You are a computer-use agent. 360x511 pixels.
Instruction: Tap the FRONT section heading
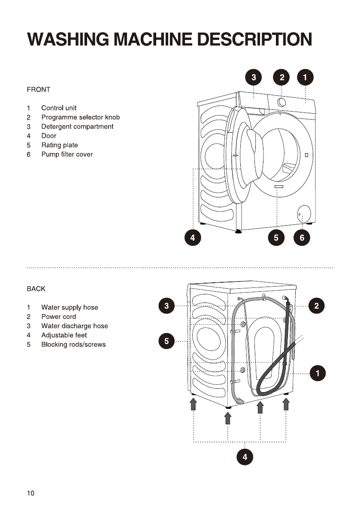[38, 89]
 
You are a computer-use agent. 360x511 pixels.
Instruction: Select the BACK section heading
[36, 289]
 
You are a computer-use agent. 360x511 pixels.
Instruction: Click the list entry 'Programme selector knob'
[80, 117]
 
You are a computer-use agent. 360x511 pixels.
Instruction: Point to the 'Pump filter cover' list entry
[67, 154]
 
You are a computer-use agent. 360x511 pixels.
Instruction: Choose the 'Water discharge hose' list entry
[74, 326]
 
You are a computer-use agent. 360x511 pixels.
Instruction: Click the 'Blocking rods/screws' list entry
[73, 345]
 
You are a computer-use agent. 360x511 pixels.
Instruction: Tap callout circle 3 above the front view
[254, 78]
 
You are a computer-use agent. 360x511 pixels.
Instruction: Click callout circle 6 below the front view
[302, 238]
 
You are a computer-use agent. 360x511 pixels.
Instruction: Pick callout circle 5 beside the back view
[166, 341]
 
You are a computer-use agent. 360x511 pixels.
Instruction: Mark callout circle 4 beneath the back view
[245, 457]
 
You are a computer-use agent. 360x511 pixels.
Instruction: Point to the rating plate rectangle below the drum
[279, 187]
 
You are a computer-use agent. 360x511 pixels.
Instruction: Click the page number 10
[30, 493]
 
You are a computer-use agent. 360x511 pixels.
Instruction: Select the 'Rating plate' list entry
[59, 145]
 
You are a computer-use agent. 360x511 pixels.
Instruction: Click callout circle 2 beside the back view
[317, 306]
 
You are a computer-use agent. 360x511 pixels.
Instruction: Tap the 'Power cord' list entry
[58, 317]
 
